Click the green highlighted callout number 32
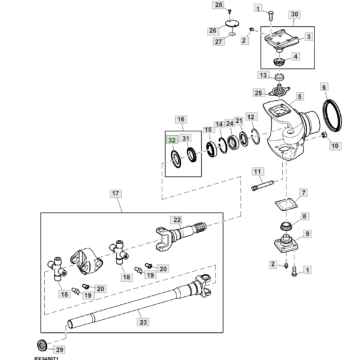[172, 140]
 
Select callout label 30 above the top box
[295, 14]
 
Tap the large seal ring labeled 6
[332, 116]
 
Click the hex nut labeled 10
[324, 135]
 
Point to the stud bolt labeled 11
[262, 185]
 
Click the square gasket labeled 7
[286, 204]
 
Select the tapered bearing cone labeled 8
[286, 226]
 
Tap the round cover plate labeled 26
[232, 23]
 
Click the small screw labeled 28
[230, 11]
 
